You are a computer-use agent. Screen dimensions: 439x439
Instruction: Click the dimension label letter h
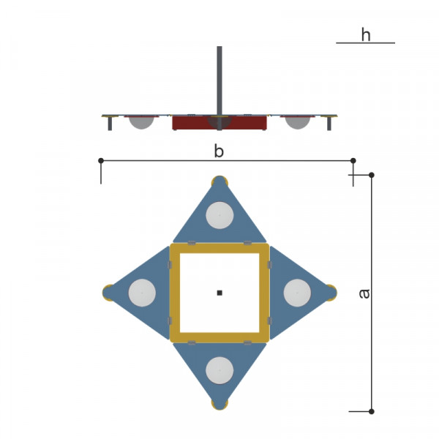366,34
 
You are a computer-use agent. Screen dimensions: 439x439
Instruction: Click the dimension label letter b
219,151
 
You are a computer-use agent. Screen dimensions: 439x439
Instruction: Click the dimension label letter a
364,293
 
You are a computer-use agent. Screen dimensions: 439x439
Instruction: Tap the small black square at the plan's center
219,293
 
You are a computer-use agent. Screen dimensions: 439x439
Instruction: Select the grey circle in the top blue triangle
219,215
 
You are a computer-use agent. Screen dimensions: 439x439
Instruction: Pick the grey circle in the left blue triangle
142,293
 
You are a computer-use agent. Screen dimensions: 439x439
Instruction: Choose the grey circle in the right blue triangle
297,293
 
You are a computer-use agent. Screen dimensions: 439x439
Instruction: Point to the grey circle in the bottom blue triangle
219,370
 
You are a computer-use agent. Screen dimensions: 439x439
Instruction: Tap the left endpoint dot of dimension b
101,160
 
